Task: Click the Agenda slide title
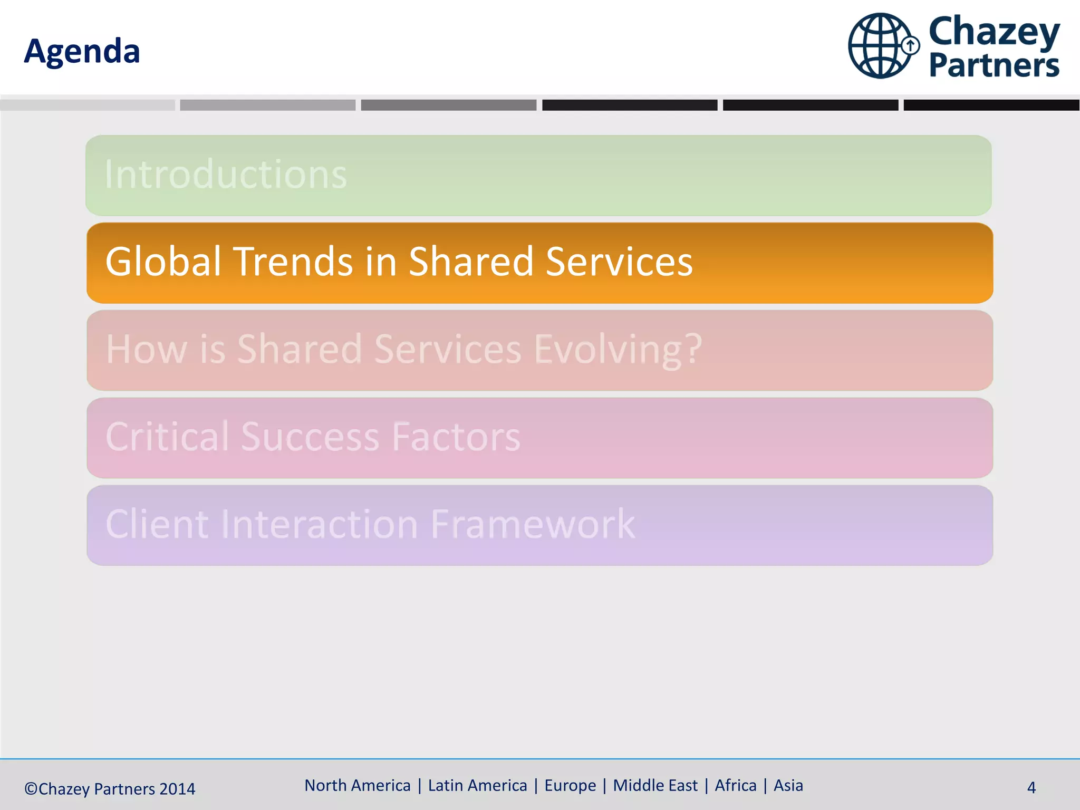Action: click(x=82, y=51)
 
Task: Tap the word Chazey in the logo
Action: click(x=994, y=32)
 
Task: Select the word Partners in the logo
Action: click(x=994, y=65)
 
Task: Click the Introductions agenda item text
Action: click(x=226, y=175)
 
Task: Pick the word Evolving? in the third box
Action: click(x=618, y=350)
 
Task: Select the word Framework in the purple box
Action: click(x=533, y=524)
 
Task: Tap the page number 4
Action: click(x=1031, y=787)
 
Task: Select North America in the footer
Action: click(x=357, y=785)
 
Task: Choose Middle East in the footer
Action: click(x=655, y=785)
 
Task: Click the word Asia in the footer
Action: click(x=788, y=785)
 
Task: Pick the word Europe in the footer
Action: click(x=570, y=785)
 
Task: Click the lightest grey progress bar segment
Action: click(x=88, y=105)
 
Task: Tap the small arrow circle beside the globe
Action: click(x=910, y=46)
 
